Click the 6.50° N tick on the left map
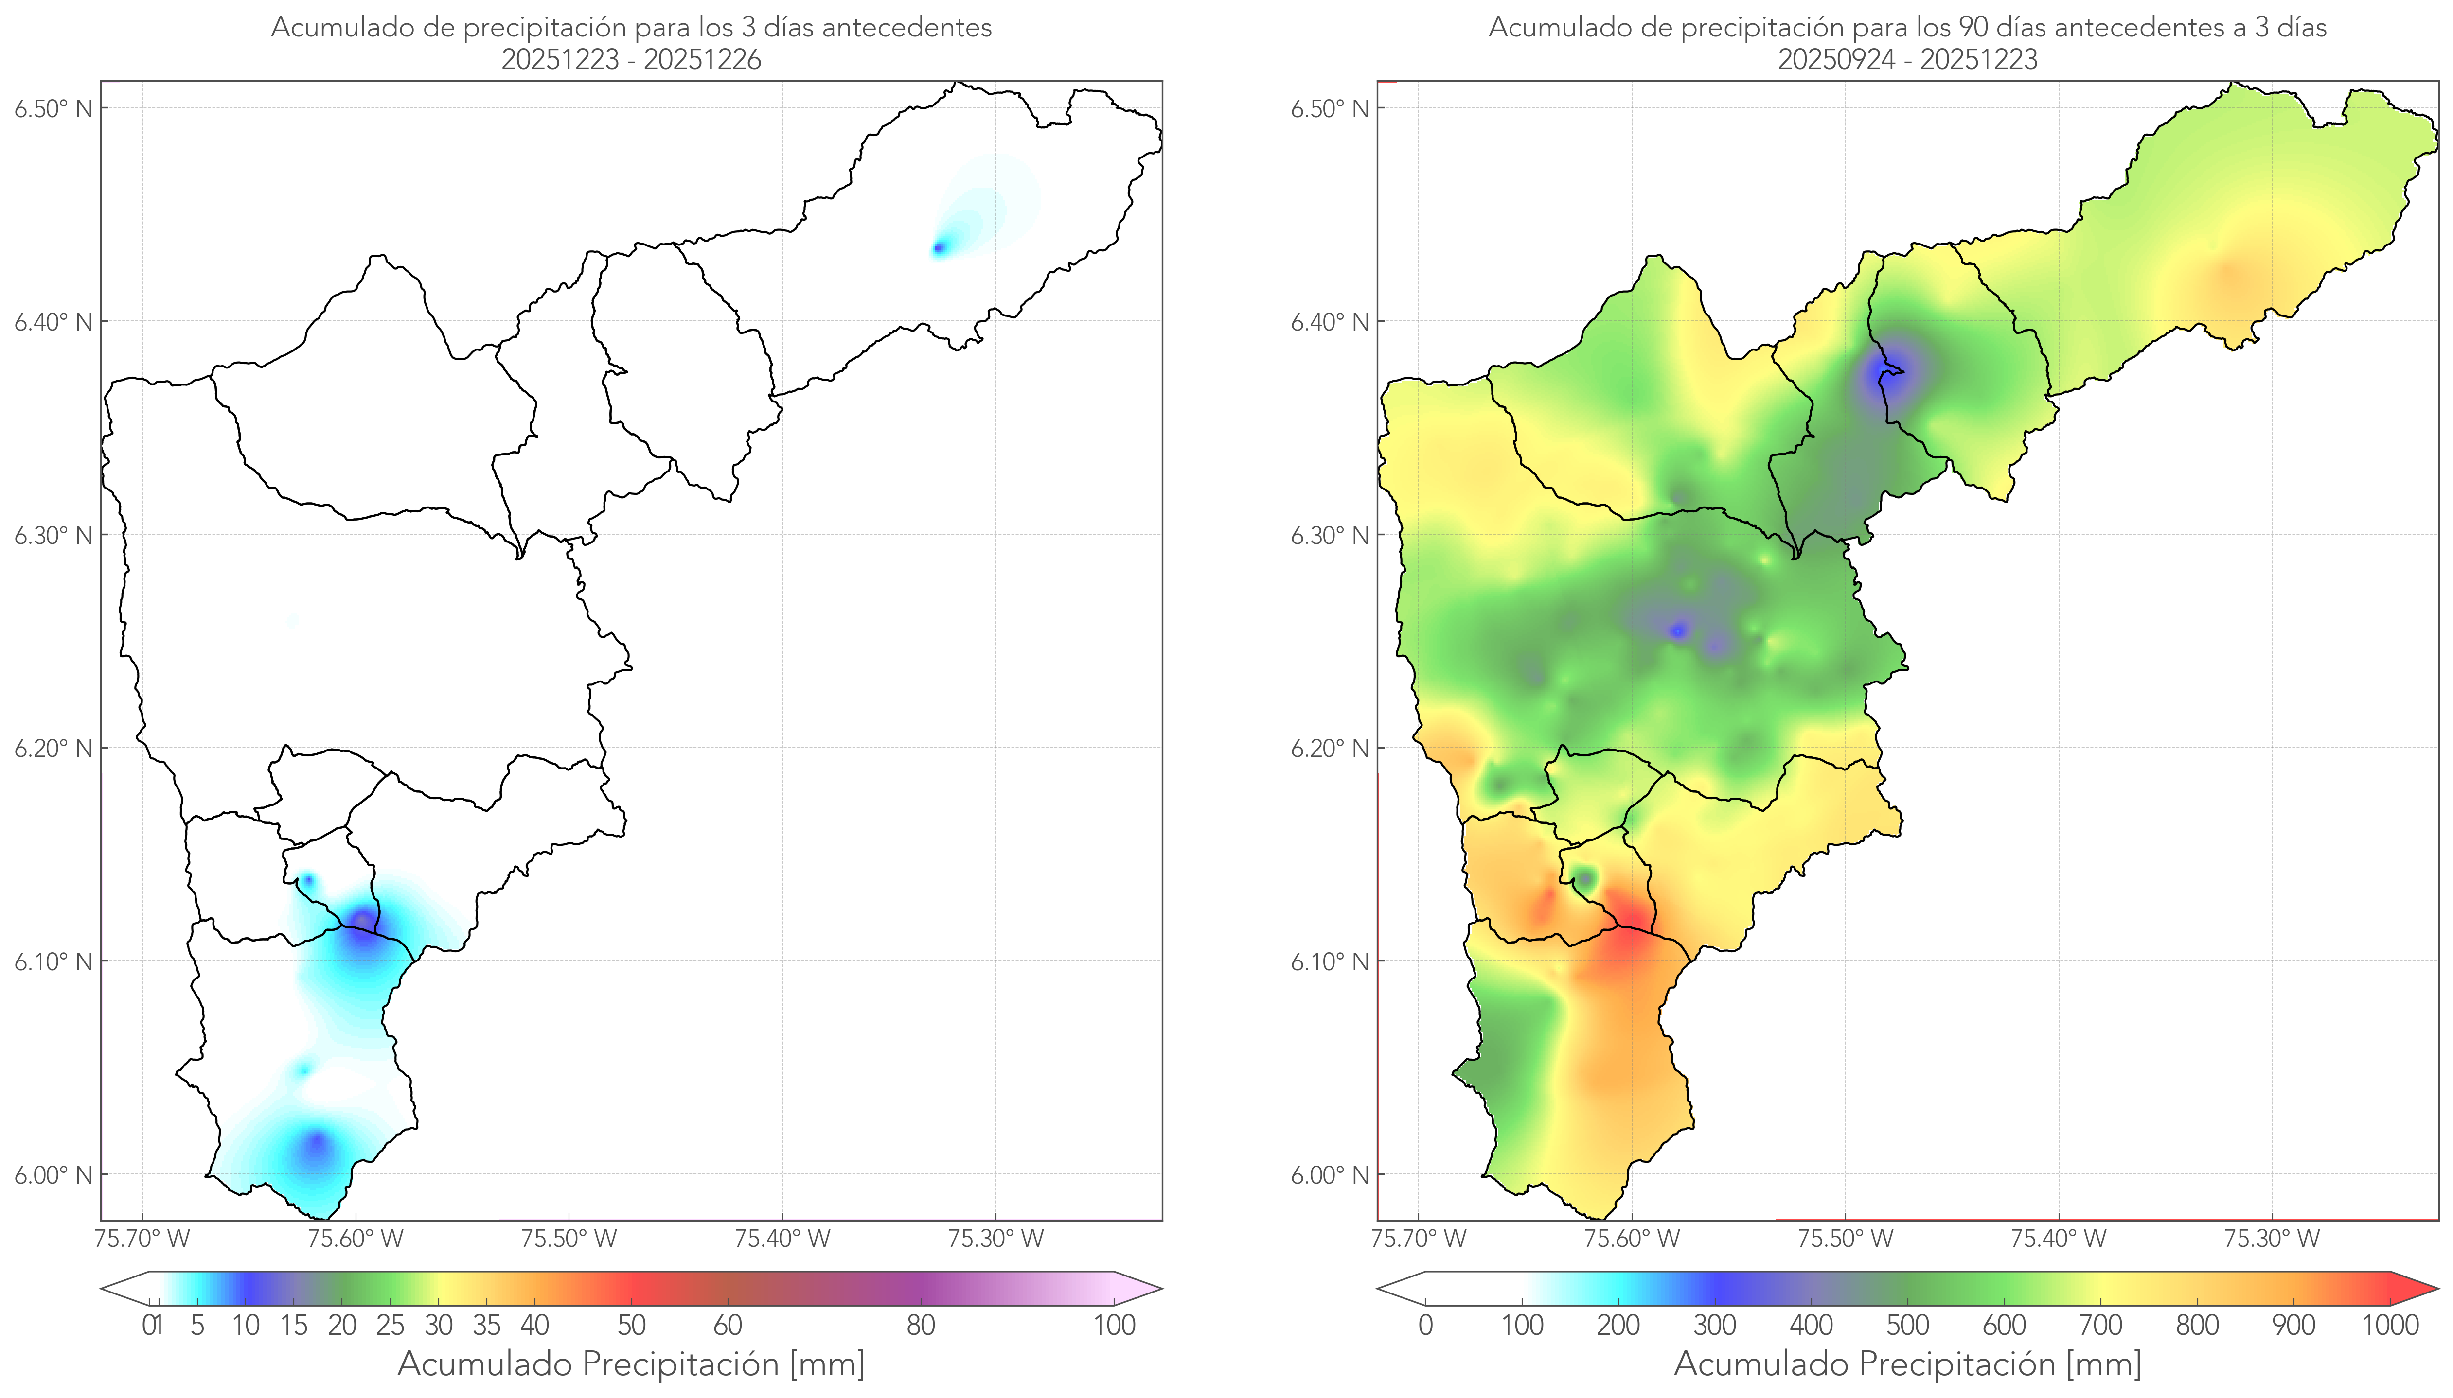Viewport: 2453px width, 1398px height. (54, 108)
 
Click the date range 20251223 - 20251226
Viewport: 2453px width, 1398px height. (631, 59)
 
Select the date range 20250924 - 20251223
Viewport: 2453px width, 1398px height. (1907, 59)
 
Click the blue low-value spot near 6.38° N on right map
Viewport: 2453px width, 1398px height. (1890, 372)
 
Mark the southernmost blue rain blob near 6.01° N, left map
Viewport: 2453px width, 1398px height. (317, 1146)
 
